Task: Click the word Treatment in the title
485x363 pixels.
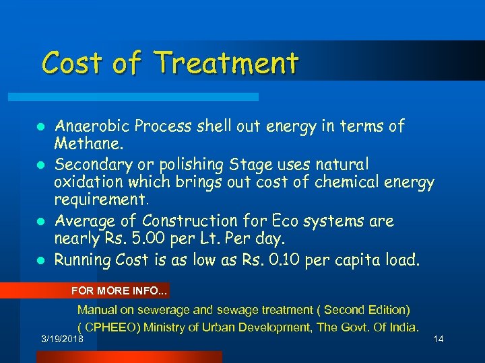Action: click(226, 63)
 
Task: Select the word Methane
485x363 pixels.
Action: click(86, 144)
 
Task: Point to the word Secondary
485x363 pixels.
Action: click(90, 164)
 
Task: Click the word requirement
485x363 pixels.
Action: click(101, 201)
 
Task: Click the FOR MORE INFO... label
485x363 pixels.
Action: click(120, 291)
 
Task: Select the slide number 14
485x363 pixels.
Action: click(438, 339)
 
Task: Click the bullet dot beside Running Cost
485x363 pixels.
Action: click(41, 259)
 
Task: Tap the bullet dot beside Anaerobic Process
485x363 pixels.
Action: click(41, 126)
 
